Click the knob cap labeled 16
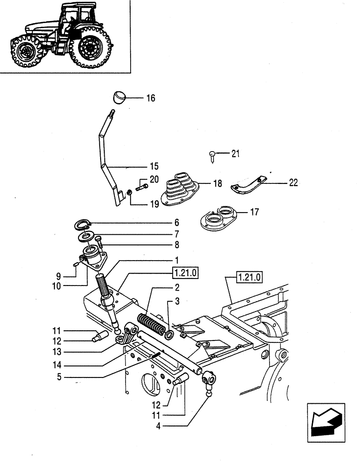(x=120, y=97)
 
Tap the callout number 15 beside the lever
(x=154, y=166)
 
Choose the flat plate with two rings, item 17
(x=217, y=217)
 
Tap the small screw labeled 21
(x=212, y=156)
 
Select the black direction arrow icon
(x=325, y=420)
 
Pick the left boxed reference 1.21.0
(x=185, y=273)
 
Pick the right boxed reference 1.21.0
(x=249, y=277)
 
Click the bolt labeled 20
(x=142, y=188)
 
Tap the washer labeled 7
(x=84, y=237)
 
